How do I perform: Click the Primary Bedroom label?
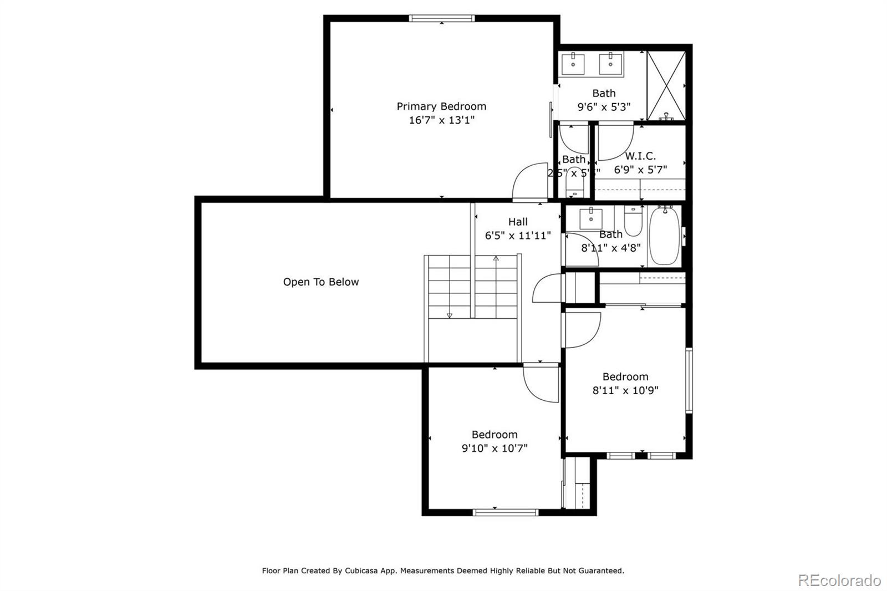point(441,106)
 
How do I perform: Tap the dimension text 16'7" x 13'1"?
point(441,120)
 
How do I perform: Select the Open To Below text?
point(321,282)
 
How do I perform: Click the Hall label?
point(518,222)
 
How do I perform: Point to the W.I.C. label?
point(640,156)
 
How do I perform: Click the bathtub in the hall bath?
point(664,236)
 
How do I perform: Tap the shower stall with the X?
point(666,86)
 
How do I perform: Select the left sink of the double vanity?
point(573,64)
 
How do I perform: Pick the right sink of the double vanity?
point(610,64)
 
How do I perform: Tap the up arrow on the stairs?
point(496,258)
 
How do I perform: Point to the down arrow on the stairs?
point(449,315)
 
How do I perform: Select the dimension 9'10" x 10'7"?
point(495,448)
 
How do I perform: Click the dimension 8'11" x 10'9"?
point(625,390)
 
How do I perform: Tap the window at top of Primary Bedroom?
point(442,18)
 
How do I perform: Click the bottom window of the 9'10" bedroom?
point(505,512)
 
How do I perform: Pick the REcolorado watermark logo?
point(839,580)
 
